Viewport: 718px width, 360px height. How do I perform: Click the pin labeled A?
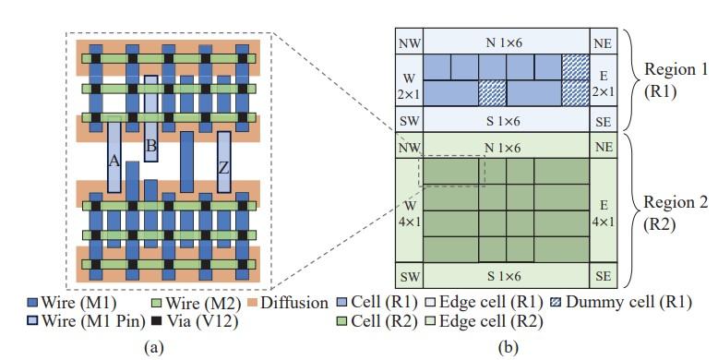click(114, 158)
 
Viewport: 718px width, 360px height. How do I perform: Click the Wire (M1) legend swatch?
click(33, 303)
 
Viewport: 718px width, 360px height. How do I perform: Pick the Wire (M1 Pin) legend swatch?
click(33, 322)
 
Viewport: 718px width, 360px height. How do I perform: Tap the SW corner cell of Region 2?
click(408, 276)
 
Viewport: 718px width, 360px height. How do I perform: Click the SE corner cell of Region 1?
click(602, 119)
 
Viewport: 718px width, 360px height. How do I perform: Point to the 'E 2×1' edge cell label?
click(602, 79)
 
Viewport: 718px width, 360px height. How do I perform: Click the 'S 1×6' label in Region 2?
click(506, 276)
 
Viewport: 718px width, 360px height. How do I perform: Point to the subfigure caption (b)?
click(505, 347)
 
